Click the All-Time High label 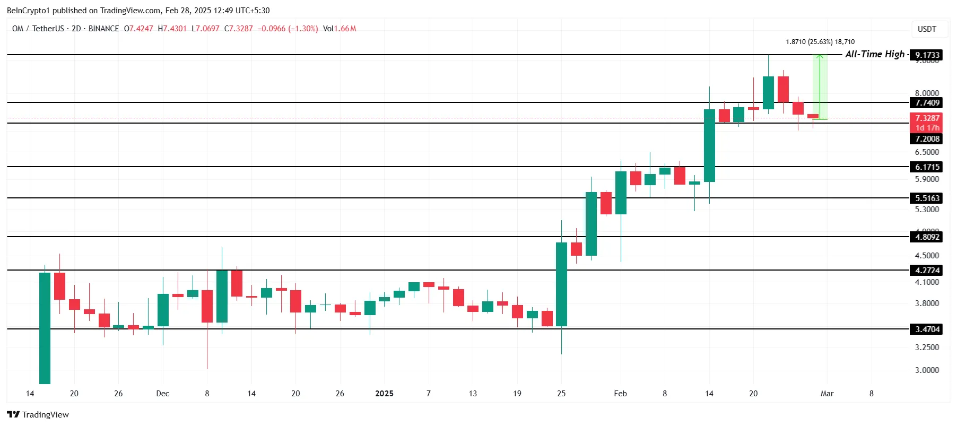pyautogui.click(x=875, y=54)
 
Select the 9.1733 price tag pyautogui.click(x=927, y=55)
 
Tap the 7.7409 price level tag pyautogui.click(x=927, y=103)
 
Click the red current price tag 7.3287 pyautogui.click(x=927, y=118)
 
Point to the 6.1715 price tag pyautogui.click(x=927, y=167)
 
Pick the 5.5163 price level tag pyautogui.click(x=927, y=198)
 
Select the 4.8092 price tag pyautogui.click(x=927, y=237)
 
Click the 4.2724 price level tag pyautogui.click(x=927, y=271)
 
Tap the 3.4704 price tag pyautogui.click(x=927, y=329)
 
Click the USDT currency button pyautogui.click(x=927, y=29)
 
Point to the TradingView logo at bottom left pyautogui.click(x=38, y=414)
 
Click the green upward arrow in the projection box pyautogui.click(x=820, y=85)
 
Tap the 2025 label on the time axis pyautogui.click(x=384, y=394)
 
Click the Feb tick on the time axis pyautogui.click(x=620, y=394)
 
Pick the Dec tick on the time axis pyautogui.click(x=162, y=394)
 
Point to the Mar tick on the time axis pyautogui.click(x=826, y=394)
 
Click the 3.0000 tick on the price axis pyautogui.click(x=926, y=370)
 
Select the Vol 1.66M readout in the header pyautogui.click(x=340, y=29)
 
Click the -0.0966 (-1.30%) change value pyautogui.click(x=288, y=29)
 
